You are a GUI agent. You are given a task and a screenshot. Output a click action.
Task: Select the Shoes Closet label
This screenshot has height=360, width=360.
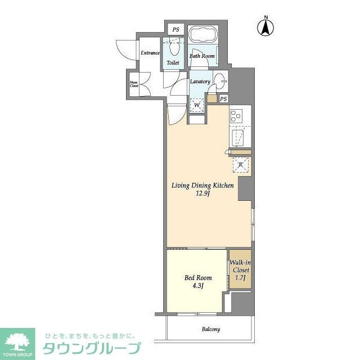[x=134, y=84]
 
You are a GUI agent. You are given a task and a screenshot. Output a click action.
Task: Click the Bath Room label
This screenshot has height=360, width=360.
[x=201, y=56]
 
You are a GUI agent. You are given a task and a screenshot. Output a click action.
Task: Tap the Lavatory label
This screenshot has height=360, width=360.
[x=200, y=82]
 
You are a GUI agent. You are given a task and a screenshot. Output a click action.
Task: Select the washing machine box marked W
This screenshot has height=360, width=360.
[x=197, y=105]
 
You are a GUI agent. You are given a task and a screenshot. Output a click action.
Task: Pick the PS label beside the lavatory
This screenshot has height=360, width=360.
[x=223, y=99]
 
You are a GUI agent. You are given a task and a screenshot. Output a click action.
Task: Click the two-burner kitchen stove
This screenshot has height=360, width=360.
[x=236, y=116]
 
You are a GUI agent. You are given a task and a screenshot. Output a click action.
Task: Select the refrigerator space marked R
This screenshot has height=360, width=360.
[x=240, y=165]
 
